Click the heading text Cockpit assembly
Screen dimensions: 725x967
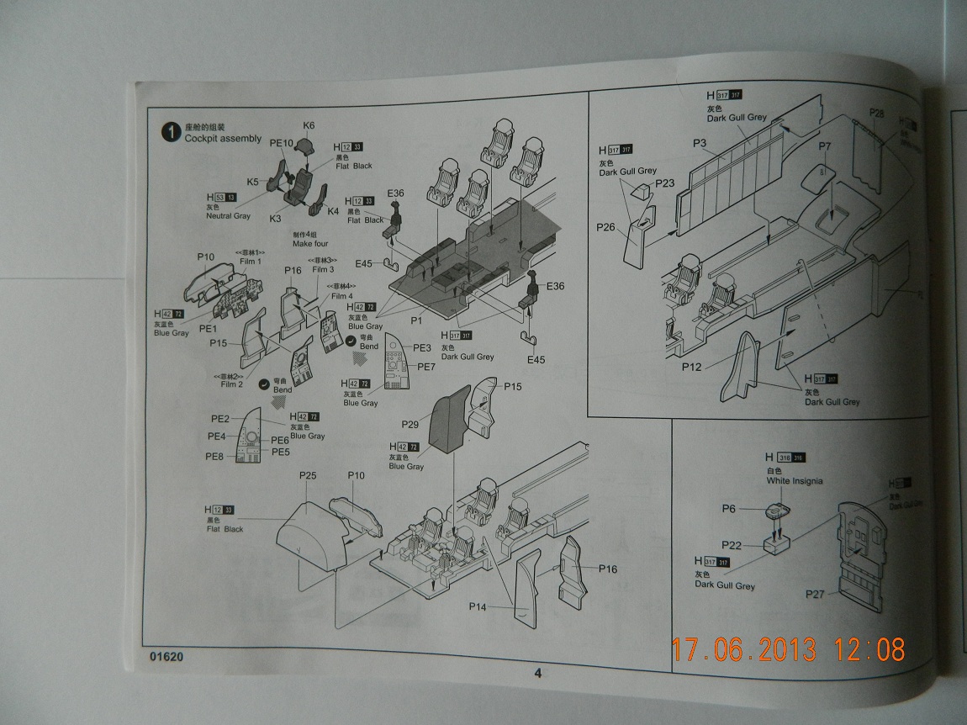point(223,138)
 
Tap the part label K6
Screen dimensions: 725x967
point(309,125)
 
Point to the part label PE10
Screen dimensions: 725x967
point(281,143)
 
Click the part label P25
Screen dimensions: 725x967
point(307,476)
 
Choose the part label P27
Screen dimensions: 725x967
point(814,594)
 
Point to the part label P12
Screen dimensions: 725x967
point(692,366)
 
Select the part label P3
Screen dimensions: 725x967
point(700,143)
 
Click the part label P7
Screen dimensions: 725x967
point(825,146)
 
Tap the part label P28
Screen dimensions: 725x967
point(876,114)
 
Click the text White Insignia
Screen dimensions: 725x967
point(795,481)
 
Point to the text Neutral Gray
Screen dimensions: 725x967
point(228,216)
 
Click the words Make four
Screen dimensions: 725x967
point(310,244)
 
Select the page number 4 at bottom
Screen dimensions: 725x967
point(538,672)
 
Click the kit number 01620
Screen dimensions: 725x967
point(167,657)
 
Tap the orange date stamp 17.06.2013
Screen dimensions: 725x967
point(744,649)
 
